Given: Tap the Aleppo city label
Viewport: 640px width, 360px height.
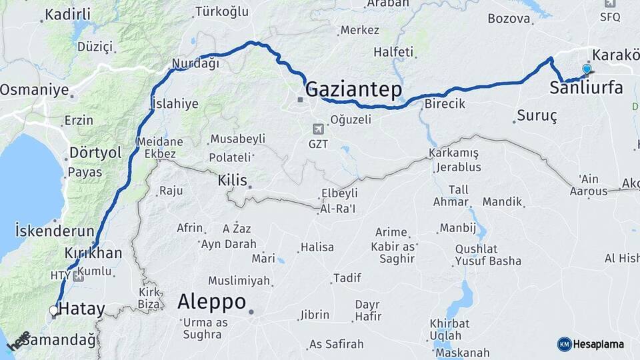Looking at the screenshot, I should coord(211,301).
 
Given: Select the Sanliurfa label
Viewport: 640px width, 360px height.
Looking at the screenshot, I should coord(586,87).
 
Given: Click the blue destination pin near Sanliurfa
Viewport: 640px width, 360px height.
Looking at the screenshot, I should coord(587,69).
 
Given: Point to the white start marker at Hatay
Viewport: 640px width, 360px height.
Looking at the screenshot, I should coord(53,310).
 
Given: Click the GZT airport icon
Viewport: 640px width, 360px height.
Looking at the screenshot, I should coord(319,128).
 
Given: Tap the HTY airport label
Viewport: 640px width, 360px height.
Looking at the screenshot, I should coord(60,275).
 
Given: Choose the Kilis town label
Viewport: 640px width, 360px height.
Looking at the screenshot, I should coord(232,180).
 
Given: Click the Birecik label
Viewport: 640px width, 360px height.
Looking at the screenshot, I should coord(445,104).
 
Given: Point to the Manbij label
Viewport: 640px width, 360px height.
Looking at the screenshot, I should coord(458,228).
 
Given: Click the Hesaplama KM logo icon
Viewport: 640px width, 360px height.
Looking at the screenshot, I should coord(564,344).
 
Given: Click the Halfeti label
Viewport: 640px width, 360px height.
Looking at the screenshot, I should coord(393,51).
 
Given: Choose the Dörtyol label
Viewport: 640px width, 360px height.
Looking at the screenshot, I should coord(96,153).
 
